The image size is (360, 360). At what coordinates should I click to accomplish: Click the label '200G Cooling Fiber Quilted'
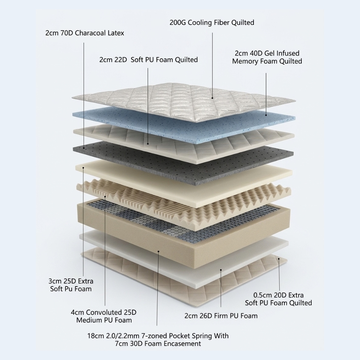coord(212,22)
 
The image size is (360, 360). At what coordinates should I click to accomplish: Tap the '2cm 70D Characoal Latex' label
coord(85,33)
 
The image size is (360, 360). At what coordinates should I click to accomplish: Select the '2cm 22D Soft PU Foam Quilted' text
coord(149,60)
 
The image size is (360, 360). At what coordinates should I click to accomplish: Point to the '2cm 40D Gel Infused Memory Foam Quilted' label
coord(267,57)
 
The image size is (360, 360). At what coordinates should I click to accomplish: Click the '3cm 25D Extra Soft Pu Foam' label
coord(71,285)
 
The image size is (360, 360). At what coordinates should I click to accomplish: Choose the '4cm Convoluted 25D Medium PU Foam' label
coord(104,316)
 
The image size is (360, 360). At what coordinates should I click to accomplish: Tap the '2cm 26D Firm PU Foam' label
coord(221,316)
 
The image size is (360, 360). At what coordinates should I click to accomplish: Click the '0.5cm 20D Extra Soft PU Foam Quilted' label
coord(278,299)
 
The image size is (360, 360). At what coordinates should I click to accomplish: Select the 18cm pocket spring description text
coord(158,339)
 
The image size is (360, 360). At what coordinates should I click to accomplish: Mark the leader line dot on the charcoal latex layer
coord(84,148)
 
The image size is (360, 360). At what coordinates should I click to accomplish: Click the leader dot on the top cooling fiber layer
coord(212,98)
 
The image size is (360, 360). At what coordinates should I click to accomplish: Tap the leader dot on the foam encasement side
coord(158,251)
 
